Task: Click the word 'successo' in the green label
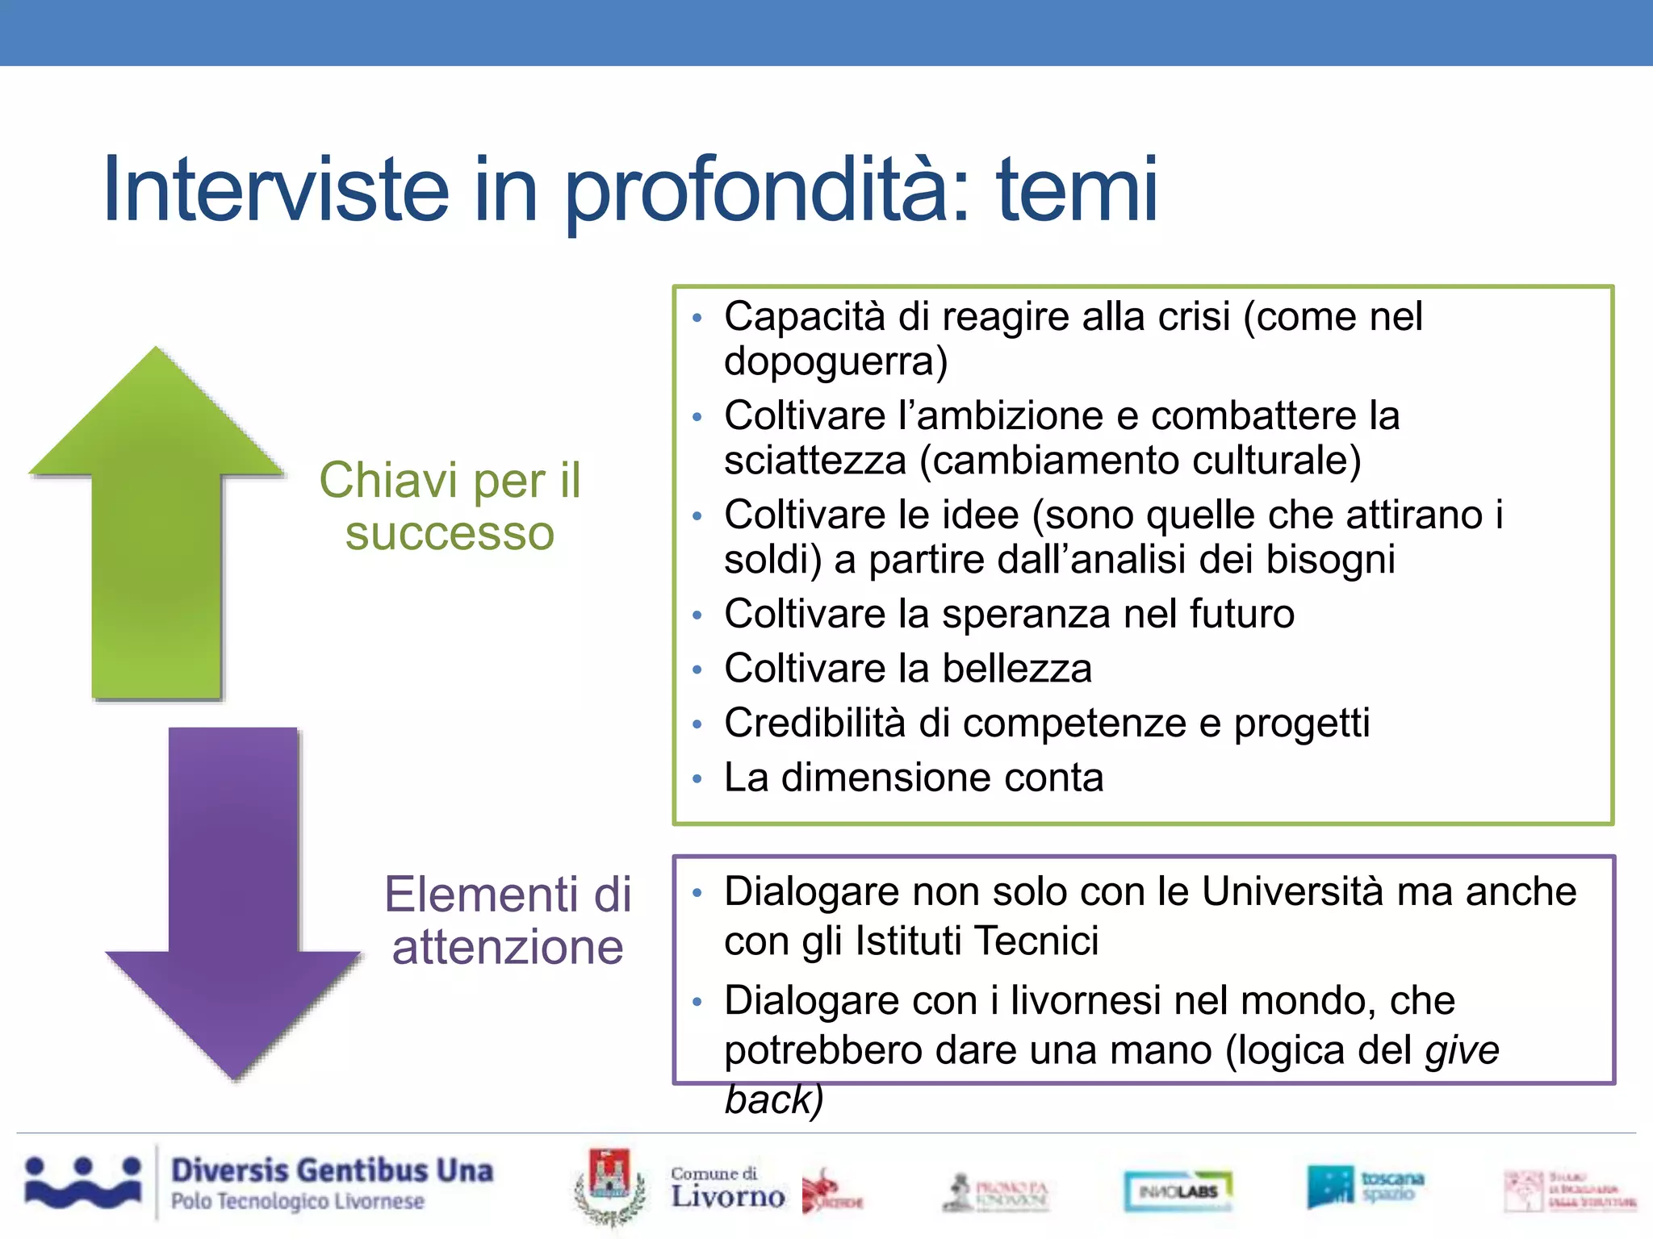click(x=450, y=534)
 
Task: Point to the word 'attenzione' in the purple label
click(x=508, y=947)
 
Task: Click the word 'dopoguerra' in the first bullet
click(x=831, y=361)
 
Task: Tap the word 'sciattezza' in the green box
click(x=815, y=461)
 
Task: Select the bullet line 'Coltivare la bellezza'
click(x=907, y=669)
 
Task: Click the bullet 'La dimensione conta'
click(x=913, y=778)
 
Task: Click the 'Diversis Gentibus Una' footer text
click(x=332, y=1170)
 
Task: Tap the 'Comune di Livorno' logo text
click(x=726, y=1189)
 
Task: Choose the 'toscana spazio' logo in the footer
click(x=1366, y=1187)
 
